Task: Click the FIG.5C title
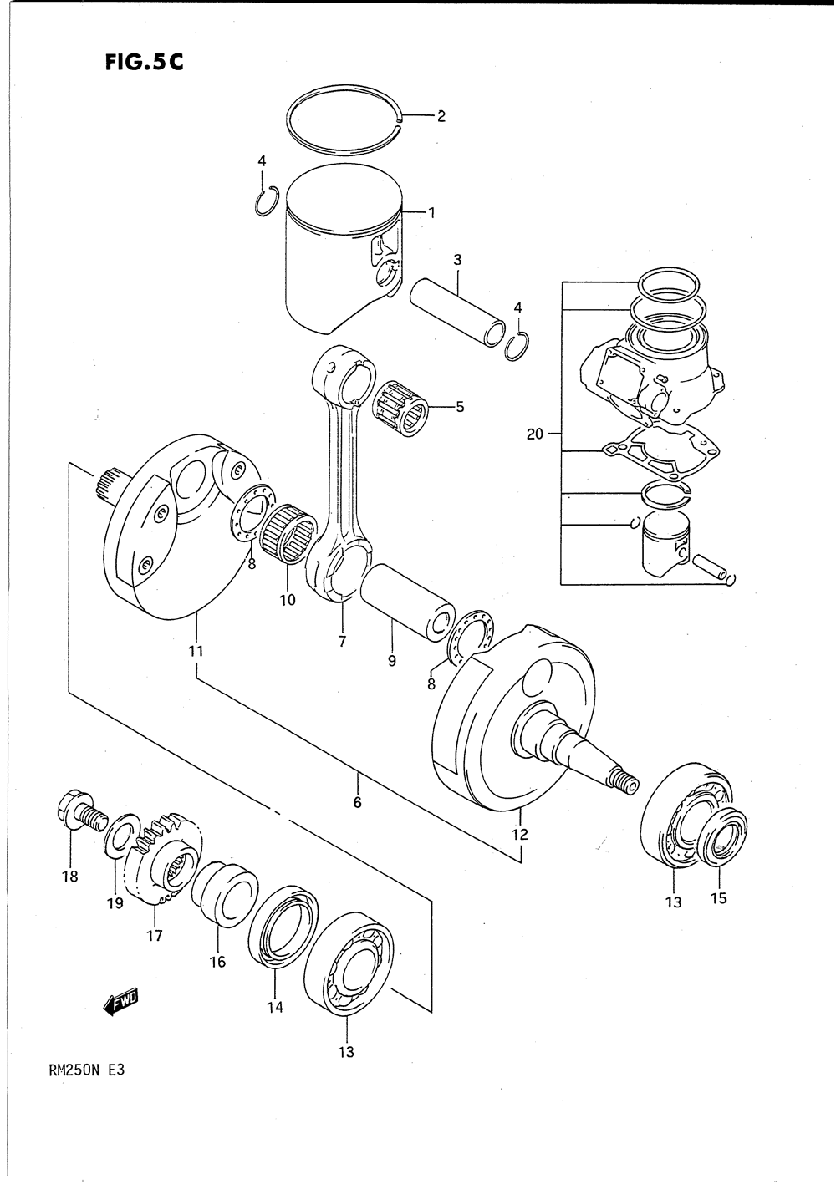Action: click(x=139, y=64)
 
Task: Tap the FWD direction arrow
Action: click(x=121, y=1001)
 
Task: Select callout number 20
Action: click(x=535, y=434)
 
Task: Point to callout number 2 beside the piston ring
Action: click(x=441, y=116)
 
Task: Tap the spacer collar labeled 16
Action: click(x=224, y=894)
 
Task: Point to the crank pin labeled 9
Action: click(x=408, y=602)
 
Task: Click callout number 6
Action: click(x=357, y=803)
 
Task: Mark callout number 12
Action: click(x=519, y=834)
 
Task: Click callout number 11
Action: click(x=196, y=650)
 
